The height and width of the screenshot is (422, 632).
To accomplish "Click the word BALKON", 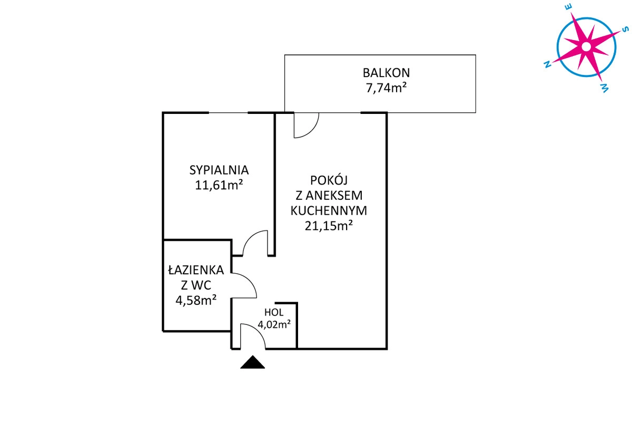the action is [386, 73].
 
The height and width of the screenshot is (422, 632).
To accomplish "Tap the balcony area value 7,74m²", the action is [386, 88].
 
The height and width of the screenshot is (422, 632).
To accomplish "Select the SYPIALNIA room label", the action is [219, 170].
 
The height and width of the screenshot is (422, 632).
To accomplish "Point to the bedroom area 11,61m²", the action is [219, 186].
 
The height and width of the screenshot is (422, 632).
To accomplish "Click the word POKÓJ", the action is [329, 179].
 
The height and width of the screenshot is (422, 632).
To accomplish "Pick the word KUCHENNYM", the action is [329, 210].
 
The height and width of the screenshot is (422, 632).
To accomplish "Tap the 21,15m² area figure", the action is [329, 226].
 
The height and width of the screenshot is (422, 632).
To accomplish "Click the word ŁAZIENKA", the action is [196, 270].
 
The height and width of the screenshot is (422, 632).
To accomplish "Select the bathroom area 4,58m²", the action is [196, 300].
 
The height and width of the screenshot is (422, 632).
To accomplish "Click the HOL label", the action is [274, 312].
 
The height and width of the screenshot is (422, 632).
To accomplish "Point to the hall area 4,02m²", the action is [274, 324].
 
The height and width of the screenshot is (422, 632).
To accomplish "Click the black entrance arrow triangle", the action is [252, 362].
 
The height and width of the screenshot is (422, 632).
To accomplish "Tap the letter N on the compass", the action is [548, 65].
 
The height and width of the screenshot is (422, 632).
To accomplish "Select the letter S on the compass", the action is [625, 30].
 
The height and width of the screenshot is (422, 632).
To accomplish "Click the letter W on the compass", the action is [605, 88].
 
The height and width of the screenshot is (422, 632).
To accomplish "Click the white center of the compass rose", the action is [586, 46].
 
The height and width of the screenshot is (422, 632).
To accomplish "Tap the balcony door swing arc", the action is [312, 131].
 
